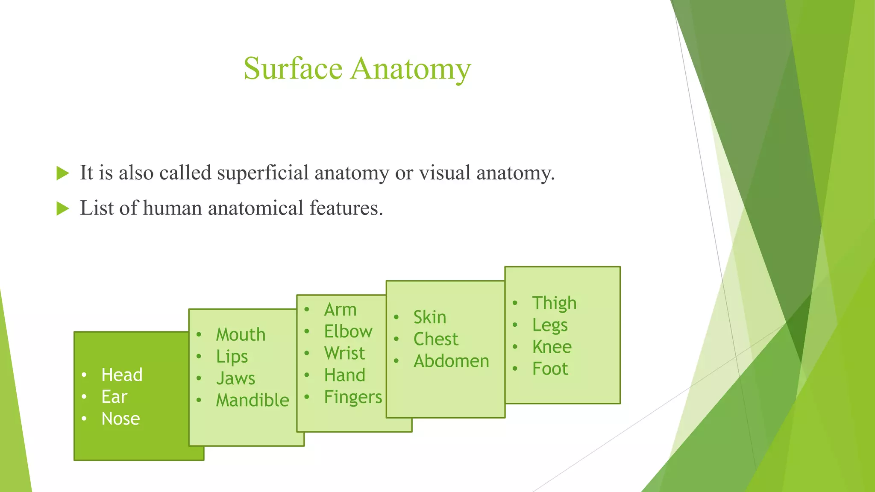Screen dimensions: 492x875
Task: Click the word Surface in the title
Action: (293, 68)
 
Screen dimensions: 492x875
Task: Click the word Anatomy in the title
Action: (411, 69)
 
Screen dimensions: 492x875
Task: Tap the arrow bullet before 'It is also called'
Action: (63, 173)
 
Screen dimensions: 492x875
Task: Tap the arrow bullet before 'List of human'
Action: (63, 209)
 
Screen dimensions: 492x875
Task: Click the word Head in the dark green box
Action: (122, 375)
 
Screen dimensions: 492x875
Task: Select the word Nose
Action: (120, 419)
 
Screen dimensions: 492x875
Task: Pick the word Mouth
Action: (241, 334)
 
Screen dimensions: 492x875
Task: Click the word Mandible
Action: (253, 400)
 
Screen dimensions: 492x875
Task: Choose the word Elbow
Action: (348, 331)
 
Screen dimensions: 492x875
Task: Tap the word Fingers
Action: (353, 397)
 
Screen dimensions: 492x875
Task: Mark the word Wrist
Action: (344, 353)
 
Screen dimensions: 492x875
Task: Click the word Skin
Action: (429, 317)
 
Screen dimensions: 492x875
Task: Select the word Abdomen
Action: (451, 361)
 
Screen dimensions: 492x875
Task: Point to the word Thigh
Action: (554, 303)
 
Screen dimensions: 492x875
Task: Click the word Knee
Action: (552, 347)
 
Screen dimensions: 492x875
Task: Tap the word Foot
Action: (550, 369)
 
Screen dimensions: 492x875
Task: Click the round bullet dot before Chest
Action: (396, 339)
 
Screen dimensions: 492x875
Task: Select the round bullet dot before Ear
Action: (84, 397)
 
